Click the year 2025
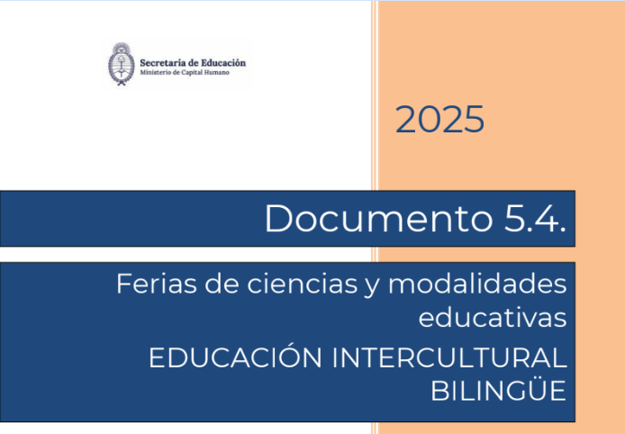coord(439,119)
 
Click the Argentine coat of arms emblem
coord(122,64)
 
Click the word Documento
coord(378,219)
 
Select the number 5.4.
coord(535,219)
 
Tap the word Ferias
coord(157,285)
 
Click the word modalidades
coord(477,285)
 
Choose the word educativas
coord(493,318)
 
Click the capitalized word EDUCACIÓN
coord(235,357)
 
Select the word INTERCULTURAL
coord(448,357)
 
